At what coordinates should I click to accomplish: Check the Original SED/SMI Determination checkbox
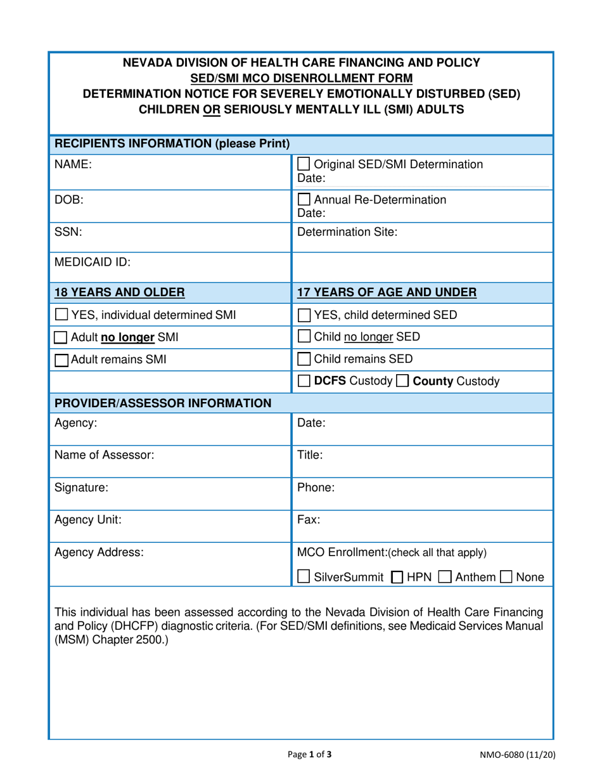point(304,164)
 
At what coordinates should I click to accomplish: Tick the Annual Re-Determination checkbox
point(304,199)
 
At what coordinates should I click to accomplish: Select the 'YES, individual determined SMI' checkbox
point(61,314)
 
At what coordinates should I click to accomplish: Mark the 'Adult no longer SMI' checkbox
point(61,337)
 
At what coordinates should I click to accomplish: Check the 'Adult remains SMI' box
point(61,360)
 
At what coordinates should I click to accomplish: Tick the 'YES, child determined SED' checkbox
point(304,314)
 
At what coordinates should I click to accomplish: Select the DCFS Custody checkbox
point(304,382)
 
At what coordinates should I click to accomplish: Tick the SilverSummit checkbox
point(304,577)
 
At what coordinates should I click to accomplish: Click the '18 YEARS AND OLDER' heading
point(120,292)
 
